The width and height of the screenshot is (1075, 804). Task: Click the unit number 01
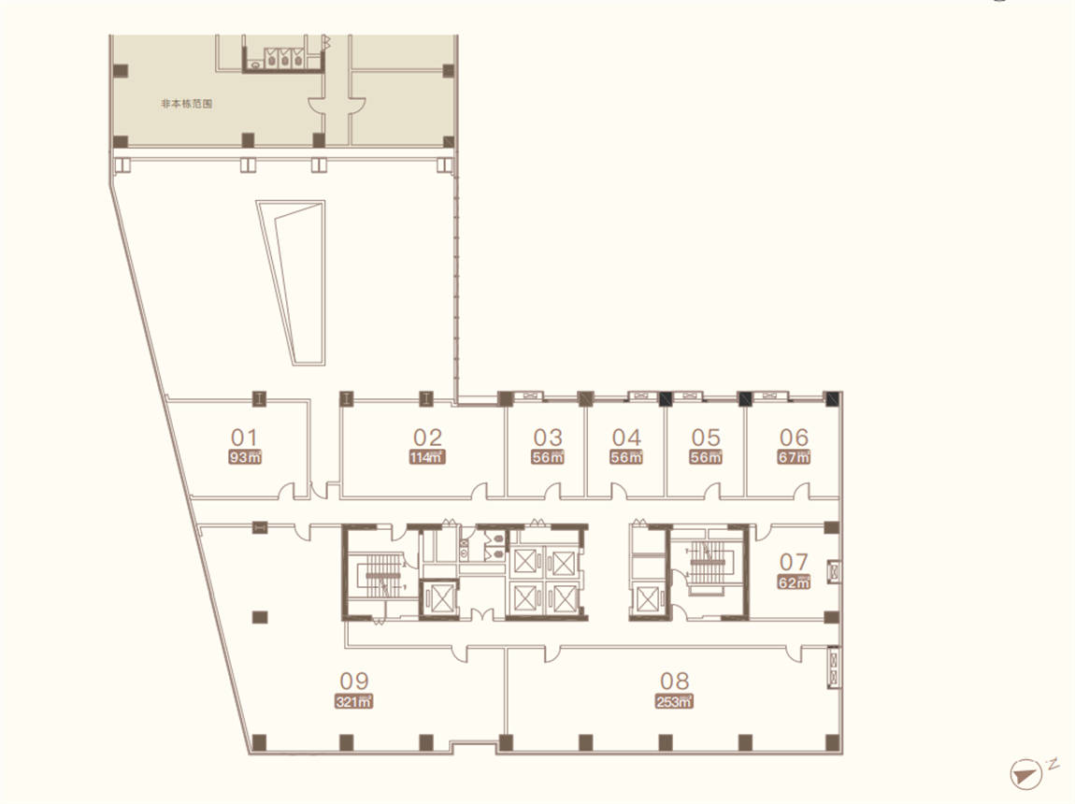[244, 438]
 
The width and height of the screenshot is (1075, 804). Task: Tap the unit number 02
[427, 438]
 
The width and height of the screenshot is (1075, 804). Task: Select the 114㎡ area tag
[427, 457]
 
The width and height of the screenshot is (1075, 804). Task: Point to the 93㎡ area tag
[245, 457]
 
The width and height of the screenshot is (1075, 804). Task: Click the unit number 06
[794, 437]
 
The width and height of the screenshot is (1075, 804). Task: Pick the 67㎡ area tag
[794, 456]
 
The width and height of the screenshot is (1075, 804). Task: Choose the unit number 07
[794, 562]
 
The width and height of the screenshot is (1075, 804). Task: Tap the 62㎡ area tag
[794, 582]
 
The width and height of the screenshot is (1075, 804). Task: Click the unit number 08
[674, 681]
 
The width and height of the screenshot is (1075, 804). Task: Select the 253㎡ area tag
[674, 701]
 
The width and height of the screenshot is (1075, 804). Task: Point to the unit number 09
[354, 681]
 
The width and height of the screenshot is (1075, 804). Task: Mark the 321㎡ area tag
[354, 701]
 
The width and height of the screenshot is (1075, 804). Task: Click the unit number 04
[626, 438]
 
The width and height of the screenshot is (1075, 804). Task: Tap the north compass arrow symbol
[1025, 773]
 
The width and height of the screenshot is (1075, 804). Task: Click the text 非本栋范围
[186, 104]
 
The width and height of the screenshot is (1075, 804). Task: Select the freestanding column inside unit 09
[260, 617]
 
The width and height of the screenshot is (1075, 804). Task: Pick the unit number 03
[548, 438]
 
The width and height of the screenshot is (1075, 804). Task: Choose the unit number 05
[706, 438]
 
